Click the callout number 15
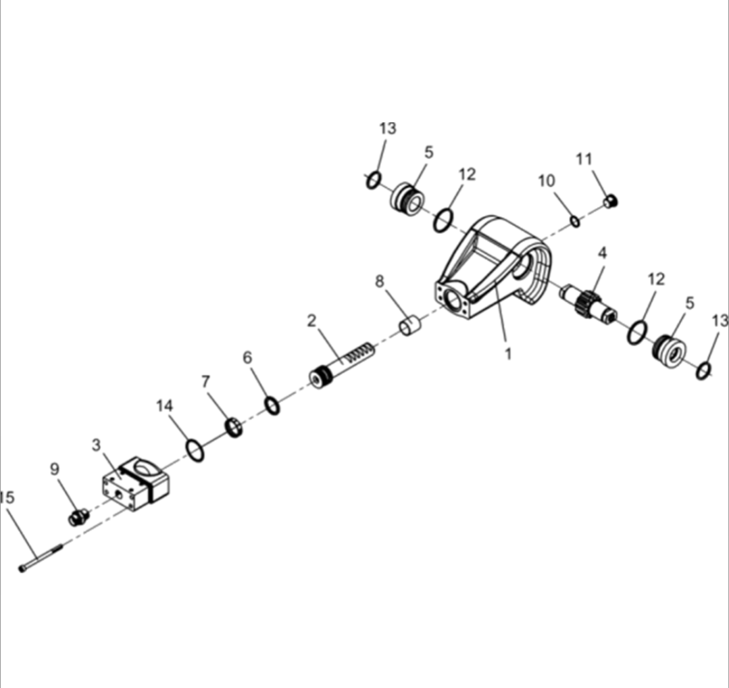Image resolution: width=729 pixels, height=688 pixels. pyautogui.click(x=7, y=497)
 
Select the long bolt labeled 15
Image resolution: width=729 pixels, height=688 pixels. pyautogui.click(x=41, y=558)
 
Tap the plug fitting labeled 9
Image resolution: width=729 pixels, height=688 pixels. pyautogui.click(x=79, y=517)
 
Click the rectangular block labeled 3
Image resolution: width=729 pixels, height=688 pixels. pyautogui.click(x=135, y=484)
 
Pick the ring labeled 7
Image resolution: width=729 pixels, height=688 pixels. pyautogui.click(x=234, y=428)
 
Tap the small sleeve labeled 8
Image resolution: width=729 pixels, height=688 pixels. pyautogui.click(x=409, y=325)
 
